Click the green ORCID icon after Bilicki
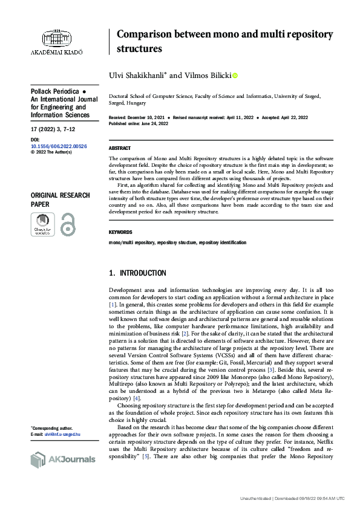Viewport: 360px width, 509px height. (235, 76)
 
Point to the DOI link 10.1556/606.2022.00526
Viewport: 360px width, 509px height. (59, 146)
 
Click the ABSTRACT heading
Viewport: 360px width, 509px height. (119, 148)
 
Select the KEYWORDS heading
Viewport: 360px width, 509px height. (121, 232)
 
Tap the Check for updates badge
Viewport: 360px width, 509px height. (41, 224)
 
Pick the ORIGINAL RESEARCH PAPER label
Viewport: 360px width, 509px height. (60, 199)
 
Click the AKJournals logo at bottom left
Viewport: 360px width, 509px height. (63, 459)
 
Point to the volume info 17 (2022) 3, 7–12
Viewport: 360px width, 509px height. (54, 129)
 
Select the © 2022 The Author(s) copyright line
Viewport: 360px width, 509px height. (51, 152)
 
